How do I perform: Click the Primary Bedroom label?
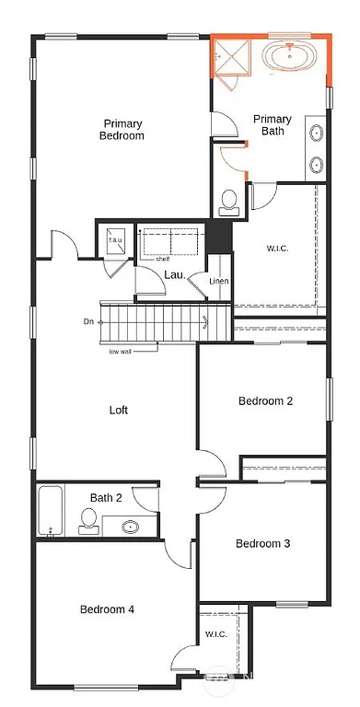pos(122,129)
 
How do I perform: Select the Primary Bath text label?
pos(273,125)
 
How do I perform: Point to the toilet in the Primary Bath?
pos(229,203)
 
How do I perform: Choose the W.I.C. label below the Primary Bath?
pos(277,248)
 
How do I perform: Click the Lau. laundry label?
pos(174,274)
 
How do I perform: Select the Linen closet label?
pos(218,281)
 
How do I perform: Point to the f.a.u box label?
pos(116,241)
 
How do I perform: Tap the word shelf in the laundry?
pos(149,259)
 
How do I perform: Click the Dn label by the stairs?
pos(87,321)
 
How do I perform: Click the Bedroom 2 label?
pos(265,400)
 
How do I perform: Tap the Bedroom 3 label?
pos(262,543)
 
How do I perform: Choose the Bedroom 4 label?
pos(107,608)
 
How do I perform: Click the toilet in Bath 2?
pos(88,521)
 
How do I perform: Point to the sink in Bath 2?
pos(129,527)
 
